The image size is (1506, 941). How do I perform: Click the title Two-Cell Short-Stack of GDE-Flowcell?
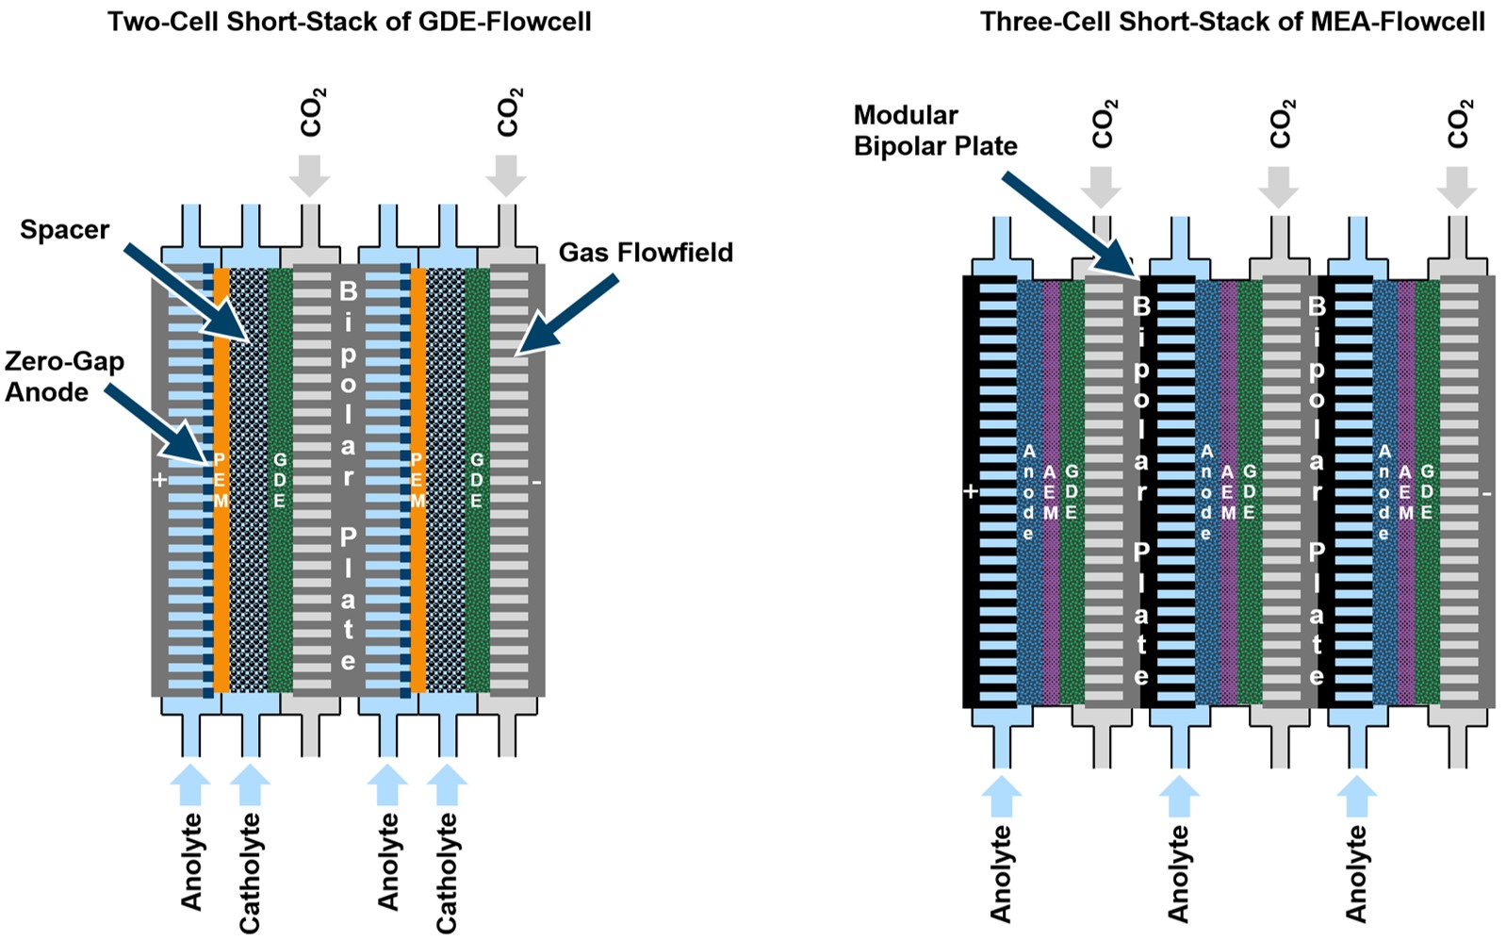tap(349, 21)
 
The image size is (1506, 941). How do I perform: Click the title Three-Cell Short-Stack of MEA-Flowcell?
tap(1232, 21)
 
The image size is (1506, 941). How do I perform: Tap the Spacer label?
tap(64, 229)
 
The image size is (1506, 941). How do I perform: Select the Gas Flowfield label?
tap(646, 252)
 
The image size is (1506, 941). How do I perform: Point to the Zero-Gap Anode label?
tap(64, 376)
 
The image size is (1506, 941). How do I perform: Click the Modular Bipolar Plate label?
tap(935, 130)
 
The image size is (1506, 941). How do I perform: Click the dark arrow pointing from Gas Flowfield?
tap(566, 315)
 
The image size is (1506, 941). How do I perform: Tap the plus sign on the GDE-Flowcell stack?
tap(159, 480)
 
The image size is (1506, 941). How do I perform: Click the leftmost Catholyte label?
tap(250, 872)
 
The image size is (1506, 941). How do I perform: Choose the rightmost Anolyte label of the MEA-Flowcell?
tap(1356, 872)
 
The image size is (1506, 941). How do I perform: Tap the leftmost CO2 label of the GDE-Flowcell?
tap(312, 112)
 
